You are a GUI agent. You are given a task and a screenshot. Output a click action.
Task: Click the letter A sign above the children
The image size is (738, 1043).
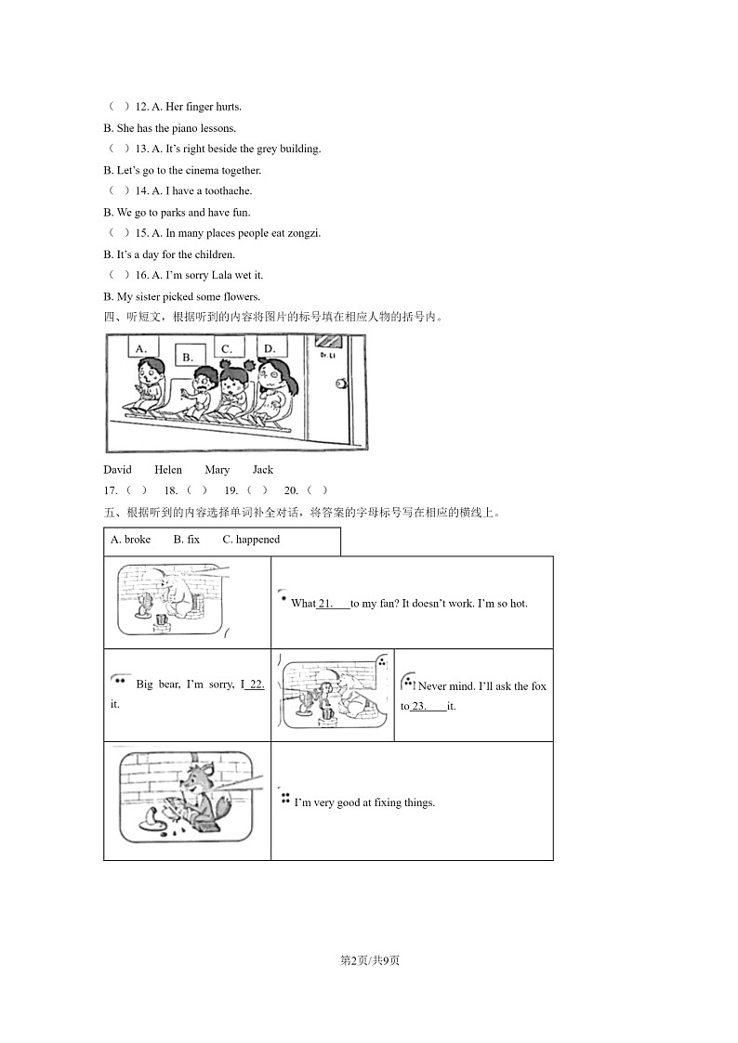[x=141, y=349]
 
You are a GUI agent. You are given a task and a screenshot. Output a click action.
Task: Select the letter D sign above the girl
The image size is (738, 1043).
[x=270, y=348]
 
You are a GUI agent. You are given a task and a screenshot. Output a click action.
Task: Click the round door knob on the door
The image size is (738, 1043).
[x=341, y=384]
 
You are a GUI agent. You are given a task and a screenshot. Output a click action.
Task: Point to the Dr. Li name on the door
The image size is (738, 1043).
[x=326, y=355]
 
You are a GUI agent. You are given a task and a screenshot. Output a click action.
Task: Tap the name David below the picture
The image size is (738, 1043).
[x=117, y=470]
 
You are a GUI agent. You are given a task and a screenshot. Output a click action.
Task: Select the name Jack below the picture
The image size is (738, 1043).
[x=262, y=470]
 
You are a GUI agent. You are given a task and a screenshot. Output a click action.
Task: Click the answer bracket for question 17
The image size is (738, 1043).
[x=136, y=490]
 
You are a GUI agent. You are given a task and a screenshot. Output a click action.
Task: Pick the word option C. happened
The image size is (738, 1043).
[x=251, y=540]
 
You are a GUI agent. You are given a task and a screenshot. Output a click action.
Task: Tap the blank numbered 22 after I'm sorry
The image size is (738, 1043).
[x=255, y=684]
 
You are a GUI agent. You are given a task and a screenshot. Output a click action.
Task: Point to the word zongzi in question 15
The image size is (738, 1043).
[x=302, y=234]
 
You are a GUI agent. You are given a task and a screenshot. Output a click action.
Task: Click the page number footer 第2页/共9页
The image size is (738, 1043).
[x=369, y=959]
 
